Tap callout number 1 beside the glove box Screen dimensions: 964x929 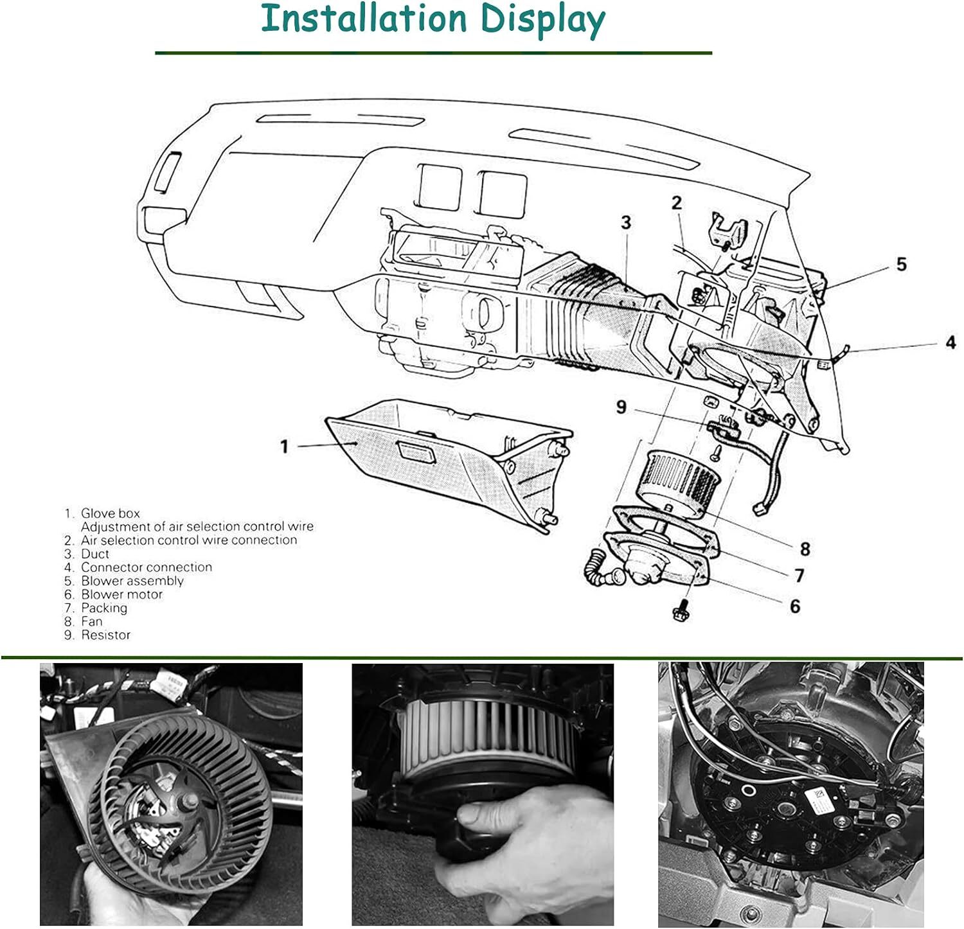pyautogui.click(x=284, y=446)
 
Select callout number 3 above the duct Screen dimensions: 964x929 pyautogui.click(x=626, y=223)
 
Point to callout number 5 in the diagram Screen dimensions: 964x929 pyautogui.click(x=901, y=264)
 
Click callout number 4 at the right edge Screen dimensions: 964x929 pyautogui.click(x=951, y=343)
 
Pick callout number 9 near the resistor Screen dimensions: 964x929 pyautogui.click(x=621, y=407)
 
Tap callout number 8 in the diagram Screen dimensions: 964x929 pyautogui.click(x=805, y=549)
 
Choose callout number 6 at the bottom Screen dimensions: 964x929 pyautogui.click(x=795, y=606)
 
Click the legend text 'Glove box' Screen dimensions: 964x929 pyautogui.click(x=110, y=513)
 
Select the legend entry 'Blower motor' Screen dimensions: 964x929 pyautogui.click(x=121, y=594)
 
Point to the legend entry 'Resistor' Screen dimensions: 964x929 pyautogui.click(x=105, y=635)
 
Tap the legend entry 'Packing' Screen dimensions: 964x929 pyautogui.click(x=104, y=608)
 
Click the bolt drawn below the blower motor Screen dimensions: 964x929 pyautogui.click(x=680, y=610)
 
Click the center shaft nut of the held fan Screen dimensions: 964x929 pyautogui.click(x=191, y=801)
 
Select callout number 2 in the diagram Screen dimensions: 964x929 pyautogui.click(x=676, y=203)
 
